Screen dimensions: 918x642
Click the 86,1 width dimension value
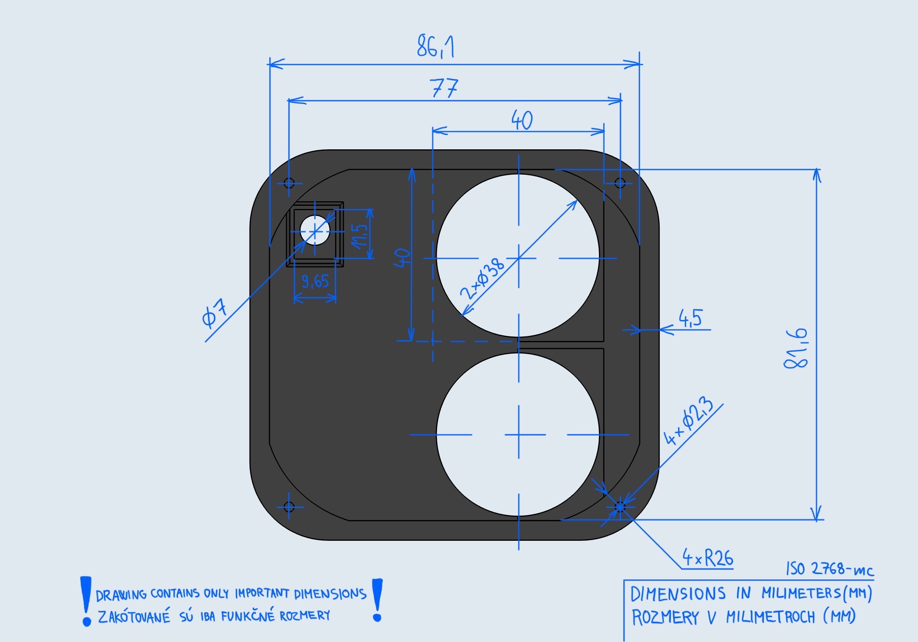[x=436, y=47]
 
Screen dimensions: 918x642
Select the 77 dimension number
[x=444, y=88]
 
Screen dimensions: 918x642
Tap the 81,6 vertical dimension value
[x=796, y=348]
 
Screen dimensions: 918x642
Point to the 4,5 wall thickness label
[x=690, y=318]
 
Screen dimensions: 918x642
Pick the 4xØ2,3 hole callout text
[x=688, y=421]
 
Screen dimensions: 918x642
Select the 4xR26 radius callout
[x=708, y=558]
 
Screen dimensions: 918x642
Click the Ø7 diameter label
[x=214, y=313]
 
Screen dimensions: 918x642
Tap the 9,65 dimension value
[x=316, y=281]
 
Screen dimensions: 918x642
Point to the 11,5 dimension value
[x=359, y=236]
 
